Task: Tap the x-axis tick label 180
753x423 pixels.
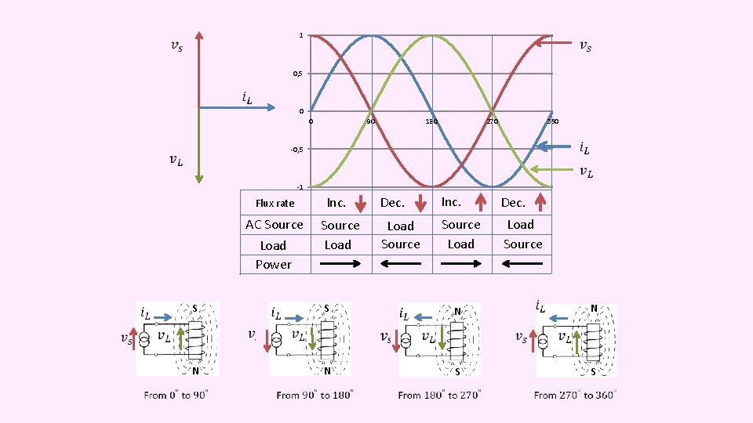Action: click(431, 121)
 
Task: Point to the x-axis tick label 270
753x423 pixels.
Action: click(492, 121)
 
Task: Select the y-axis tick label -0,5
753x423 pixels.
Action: click(296, 150)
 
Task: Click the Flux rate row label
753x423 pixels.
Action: click(275, 204)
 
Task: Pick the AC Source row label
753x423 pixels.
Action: click(274, 225)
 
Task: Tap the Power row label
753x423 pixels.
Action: click(273, 265)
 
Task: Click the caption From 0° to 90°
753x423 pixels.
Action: click(176, 396)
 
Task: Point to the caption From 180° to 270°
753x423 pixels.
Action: click(439, 396)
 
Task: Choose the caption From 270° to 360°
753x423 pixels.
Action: click(575, 396)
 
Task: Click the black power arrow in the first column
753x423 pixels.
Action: click(341, 264)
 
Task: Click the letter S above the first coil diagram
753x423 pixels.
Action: click(195, 307)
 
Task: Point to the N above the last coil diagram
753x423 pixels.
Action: click(594, 308)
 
